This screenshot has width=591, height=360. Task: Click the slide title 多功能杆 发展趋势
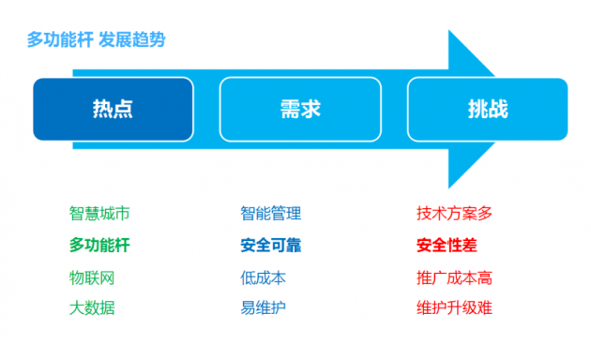97,40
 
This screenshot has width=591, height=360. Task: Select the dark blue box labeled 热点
113,109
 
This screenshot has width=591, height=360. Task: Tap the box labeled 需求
300,109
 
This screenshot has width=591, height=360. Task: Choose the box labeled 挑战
487,109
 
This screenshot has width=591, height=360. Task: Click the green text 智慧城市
98,213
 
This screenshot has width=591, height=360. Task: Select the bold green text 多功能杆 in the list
98,246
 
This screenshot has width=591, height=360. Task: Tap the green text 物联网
91,277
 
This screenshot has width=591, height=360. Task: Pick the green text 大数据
91,307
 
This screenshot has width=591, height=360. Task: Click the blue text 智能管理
270,213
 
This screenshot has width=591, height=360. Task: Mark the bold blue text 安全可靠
270,246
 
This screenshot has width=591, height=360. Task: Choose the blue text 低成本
263,277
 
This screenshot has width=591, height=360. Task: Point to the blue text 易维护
263,307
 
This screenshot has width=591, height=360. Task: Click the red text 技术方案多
454,213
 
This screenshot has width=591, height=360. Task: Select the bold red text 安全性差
447,246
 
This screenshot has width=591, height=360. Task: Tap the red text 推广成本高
454,277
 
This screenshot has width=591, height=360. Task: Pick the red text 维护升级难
454,307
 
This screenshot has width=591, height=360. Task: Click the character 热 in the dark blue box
102,109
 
